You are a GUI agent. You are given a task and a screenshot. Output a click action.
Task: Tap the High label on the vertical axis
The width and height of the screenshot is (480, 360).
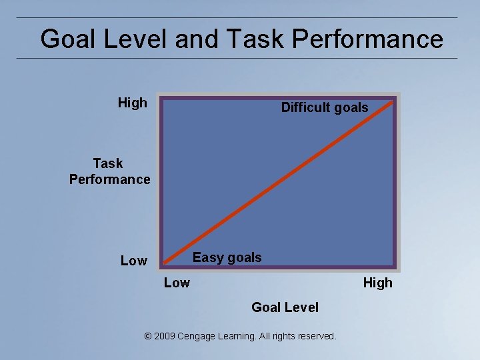(132, 103)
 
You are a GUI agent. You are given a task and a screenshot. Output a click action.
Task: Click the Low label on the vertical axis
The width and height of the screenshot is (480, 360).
(133, 261)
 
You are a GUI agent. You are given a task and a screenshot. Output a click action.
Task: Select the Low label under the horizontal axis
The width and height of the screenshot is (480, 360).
(177, 283)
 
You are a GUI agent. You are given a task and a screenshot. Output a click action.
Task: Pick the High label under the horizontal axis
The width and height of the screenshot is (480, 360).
(377, 283)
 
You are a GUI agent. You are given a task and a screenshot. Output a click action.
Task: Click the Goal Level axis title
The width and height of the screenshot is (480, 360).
(285, 307)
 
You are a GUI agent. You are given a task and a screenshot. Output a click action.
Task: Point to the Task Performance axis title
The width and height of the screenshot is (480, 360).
(110, 171)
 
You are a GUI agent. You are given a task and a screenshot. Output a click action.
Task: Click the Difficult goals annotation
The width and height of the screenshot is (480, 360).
(324, 107)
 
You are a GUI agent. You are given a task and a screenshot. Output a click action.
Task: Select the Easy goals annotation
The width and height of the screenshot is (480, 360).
(227, 257)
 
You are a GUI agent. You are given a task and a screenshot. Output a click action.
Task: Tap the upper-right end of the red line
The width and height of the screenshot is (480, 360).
(393, 101)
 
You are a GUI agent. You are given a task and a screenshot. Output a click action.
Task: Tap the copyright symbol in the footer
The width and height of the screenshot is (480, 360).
(148, 336)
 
